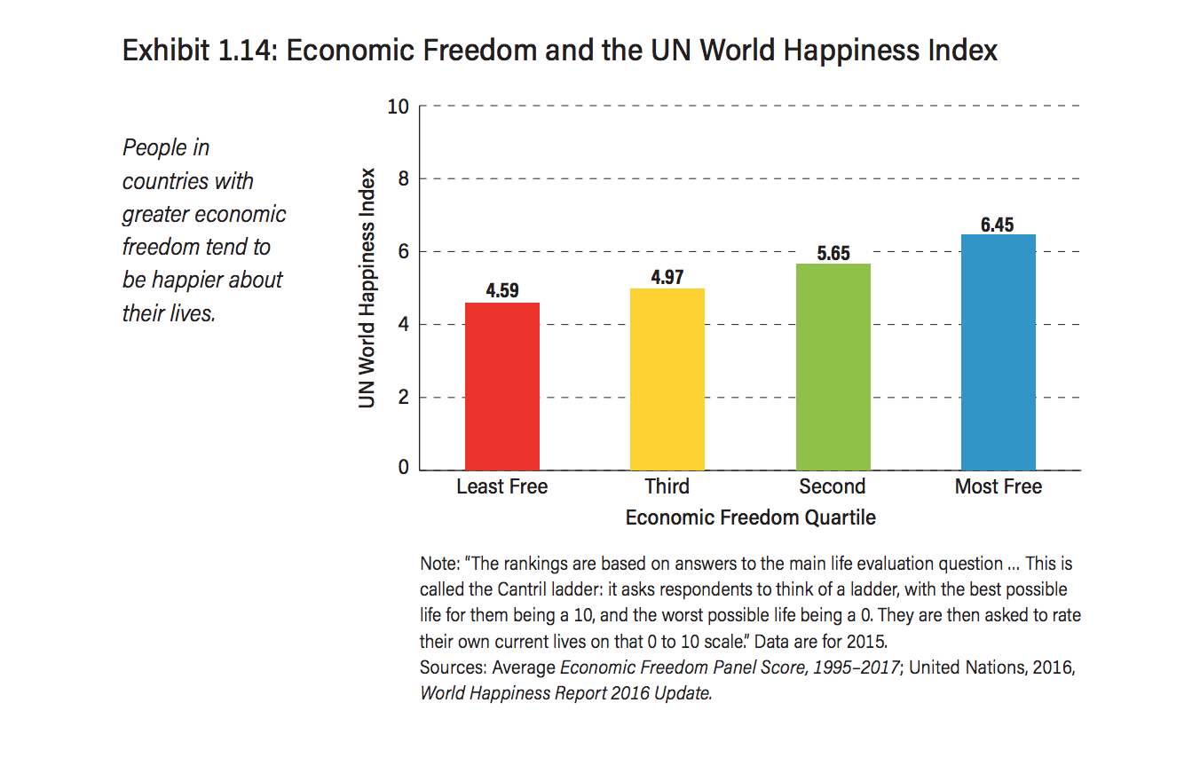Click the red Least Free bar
(502, 386)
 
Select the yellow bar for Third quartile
(667, 379)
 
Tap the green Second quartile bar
(833, 367)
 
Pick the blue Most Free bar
(999, 352)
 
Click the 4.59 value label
(502, 290)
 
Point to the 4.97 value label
(667, 277)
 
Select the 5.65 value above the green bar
(833, 253)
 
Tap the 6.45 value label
(998, 225)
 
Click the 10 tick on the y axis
(399, 107)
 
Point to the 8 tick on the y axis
(403, 180)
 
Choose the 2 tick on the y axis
(403, 398)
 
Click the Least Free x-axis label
(502, 486)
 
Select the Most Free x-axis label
(999, 486)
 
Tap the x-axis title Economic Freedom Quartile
(751, 517)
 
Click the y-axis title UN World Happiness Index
(367, 288)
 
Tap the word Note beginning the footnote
(437, 564)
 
